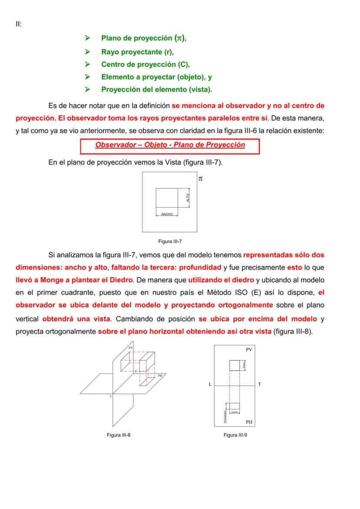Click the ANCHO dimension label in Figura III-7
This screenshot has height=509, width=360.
pyautogui.click(x=167, y=214)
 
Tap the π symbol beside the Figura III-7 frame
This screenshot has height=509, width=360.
pyautogui.click(x=200, y=178)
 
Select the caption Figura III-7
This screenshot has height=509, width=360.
pyautogui.click(x=168, y=241)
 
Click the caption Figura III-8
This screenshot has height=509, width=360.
pyautogui.click(x=119, y=435)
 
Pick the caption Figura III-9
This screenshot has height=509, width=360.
pyautogui.click(x=235, y=435)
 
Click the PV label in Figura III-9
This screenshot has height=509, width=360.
pyautogui.click(x=249, y=349)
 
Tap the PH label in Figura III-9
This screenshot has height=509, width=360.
pyautogui.click(x=249, y=422)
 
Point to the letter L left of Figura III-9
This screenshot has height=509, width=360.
pyautogui.click(x=210, y=385)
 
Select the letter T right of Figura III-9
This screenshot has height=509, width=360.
pyautogui.click(x=260, y=385)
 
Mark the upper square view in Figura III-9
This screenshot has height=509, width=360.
pyautogui.click(x=234, y=365)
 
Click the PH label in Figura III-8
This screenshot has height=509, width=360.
pyautogui.click(x=160, y=376)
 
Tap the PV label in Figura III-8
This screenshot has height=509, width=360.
pyautogui.click(x=130, y=348)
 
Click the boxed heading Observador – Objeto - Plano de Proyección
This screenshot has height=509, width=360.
pyautogui.click(x=170, y=145)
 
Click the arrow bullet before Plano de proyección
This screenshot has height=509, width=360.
pyautogui.click(x=87, y=39)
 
